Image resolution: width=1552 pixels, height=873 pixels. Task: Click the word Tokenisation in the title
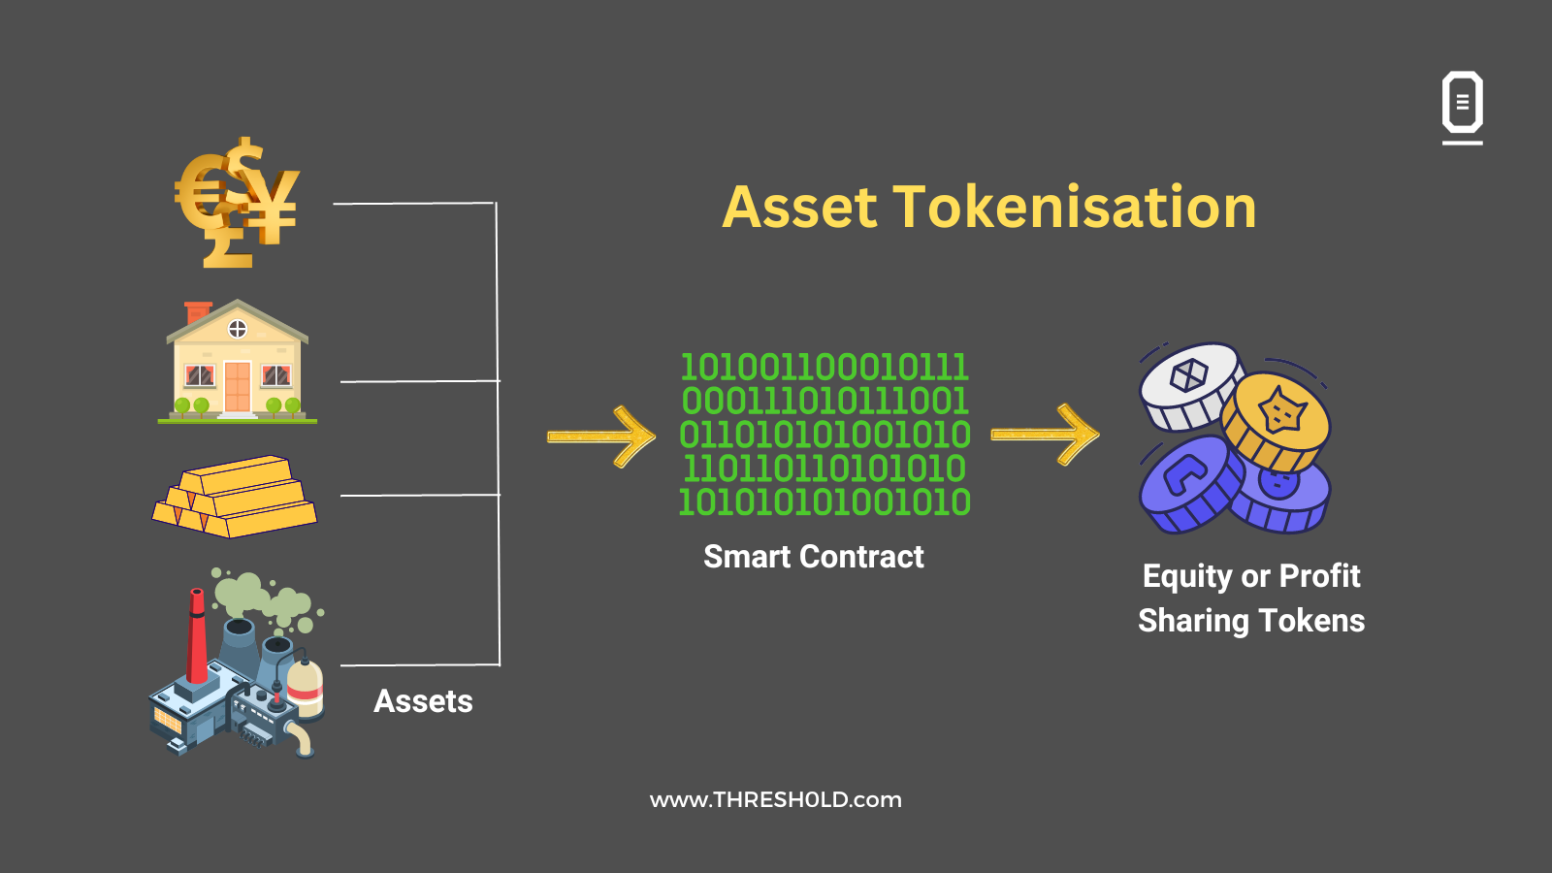tap(1074, 208)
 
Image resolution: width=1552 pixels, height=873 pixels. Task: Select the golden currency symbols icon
tap(238, 204)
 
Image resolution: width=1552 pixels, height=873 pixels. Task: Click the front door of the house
tap(238, 386)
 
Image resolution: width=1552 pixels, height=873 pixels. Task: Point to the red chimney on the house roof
tap(198, 312)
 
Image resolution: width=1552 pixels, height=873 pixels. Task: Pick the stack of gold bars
tap(236, 497)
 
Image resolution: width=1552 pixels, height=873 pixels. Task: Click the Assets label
tap(423, 701)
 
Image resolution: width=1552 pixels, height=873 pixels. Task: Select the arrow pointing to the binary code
tap(601, 436)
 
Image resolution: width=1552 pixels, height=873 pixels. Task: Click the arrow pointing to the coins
tap(1045, 435)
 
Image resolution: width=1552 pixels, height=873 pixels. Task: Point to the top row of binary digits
tap(824, 368)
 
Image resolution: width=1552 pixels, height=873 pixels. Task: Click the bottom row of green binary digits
tap(824, 502)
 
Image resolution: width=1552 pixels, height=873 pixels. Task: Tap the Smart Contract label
tap(813, 557)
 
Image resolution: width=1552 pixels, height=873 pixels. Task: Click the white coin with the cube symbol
tap(1189, 381)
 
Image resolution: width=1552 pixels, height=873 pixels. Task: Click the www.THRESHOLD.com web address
tap(776, 800)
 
